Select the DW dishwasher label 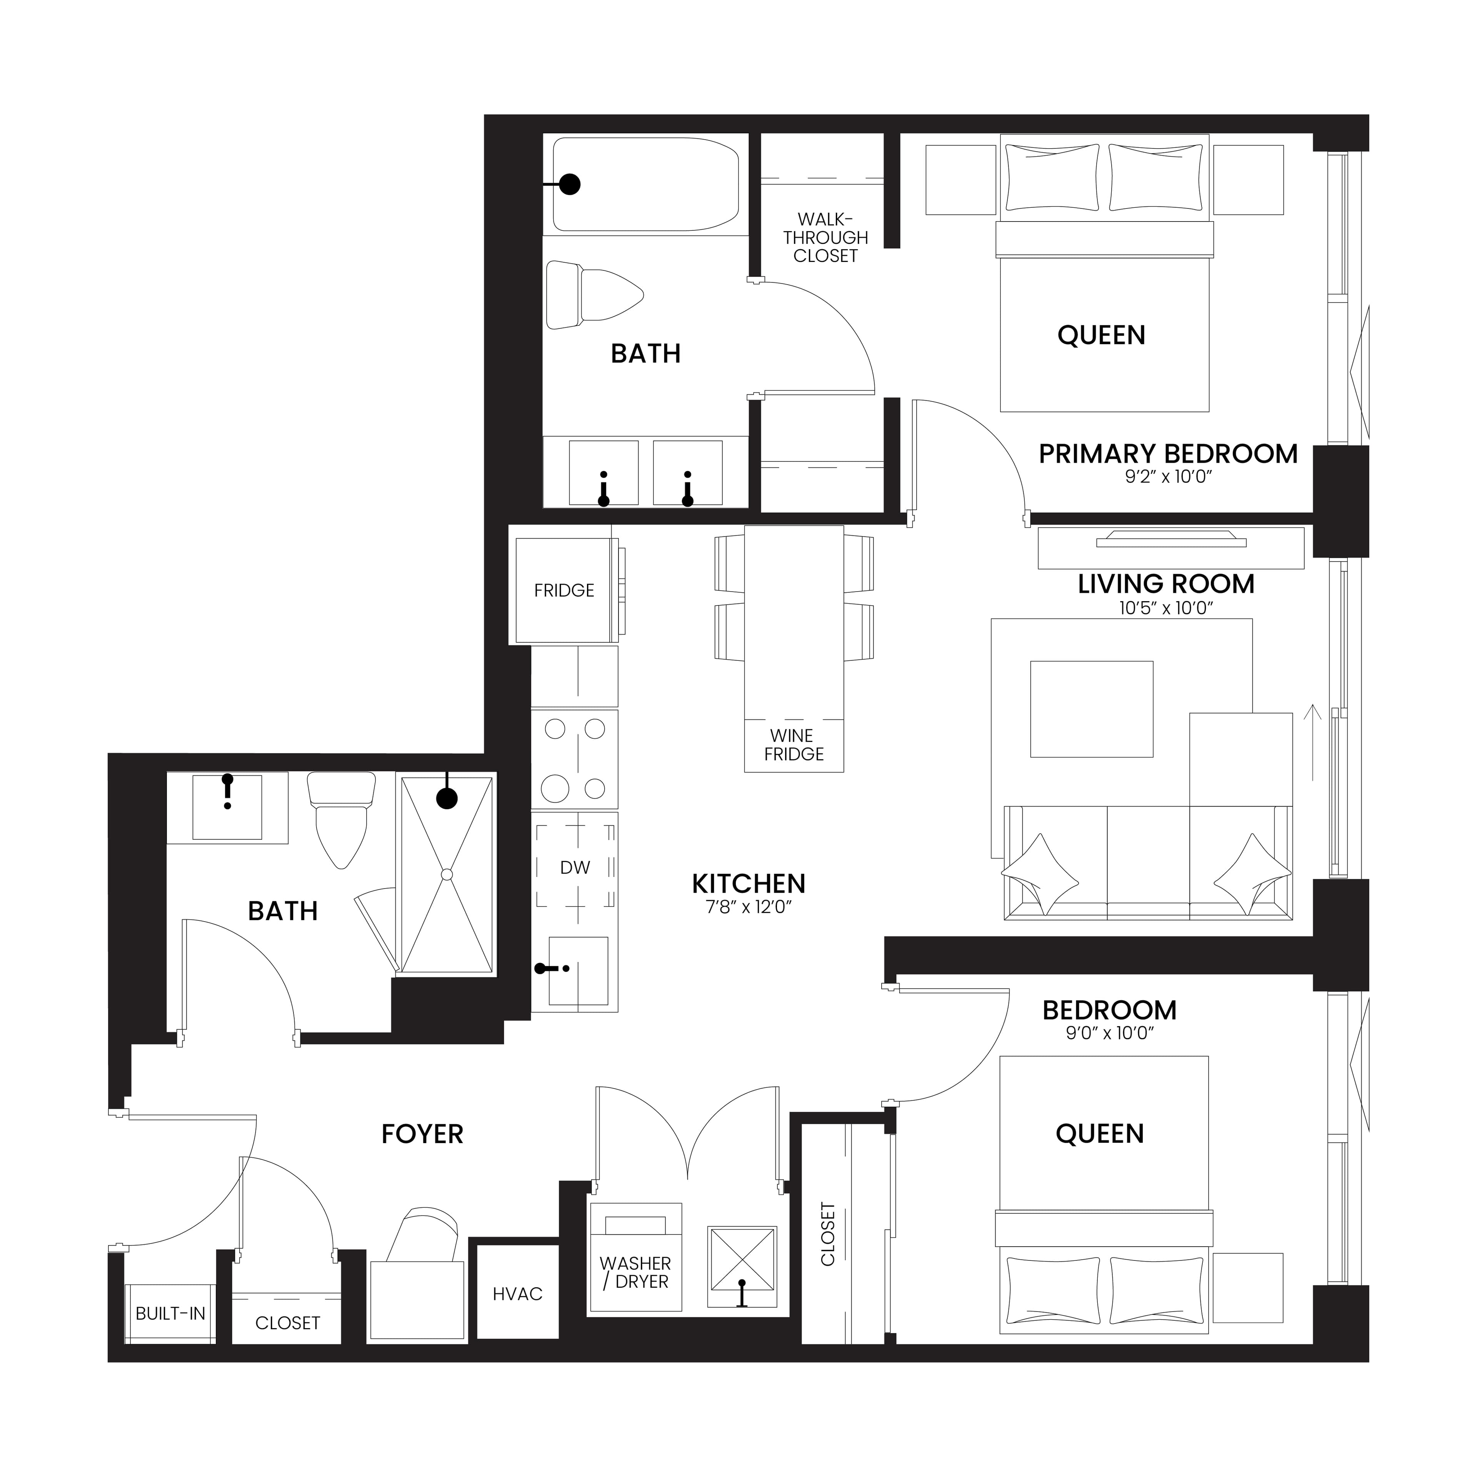coord(575,868)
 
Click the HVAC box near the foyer coord(518,1294)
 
